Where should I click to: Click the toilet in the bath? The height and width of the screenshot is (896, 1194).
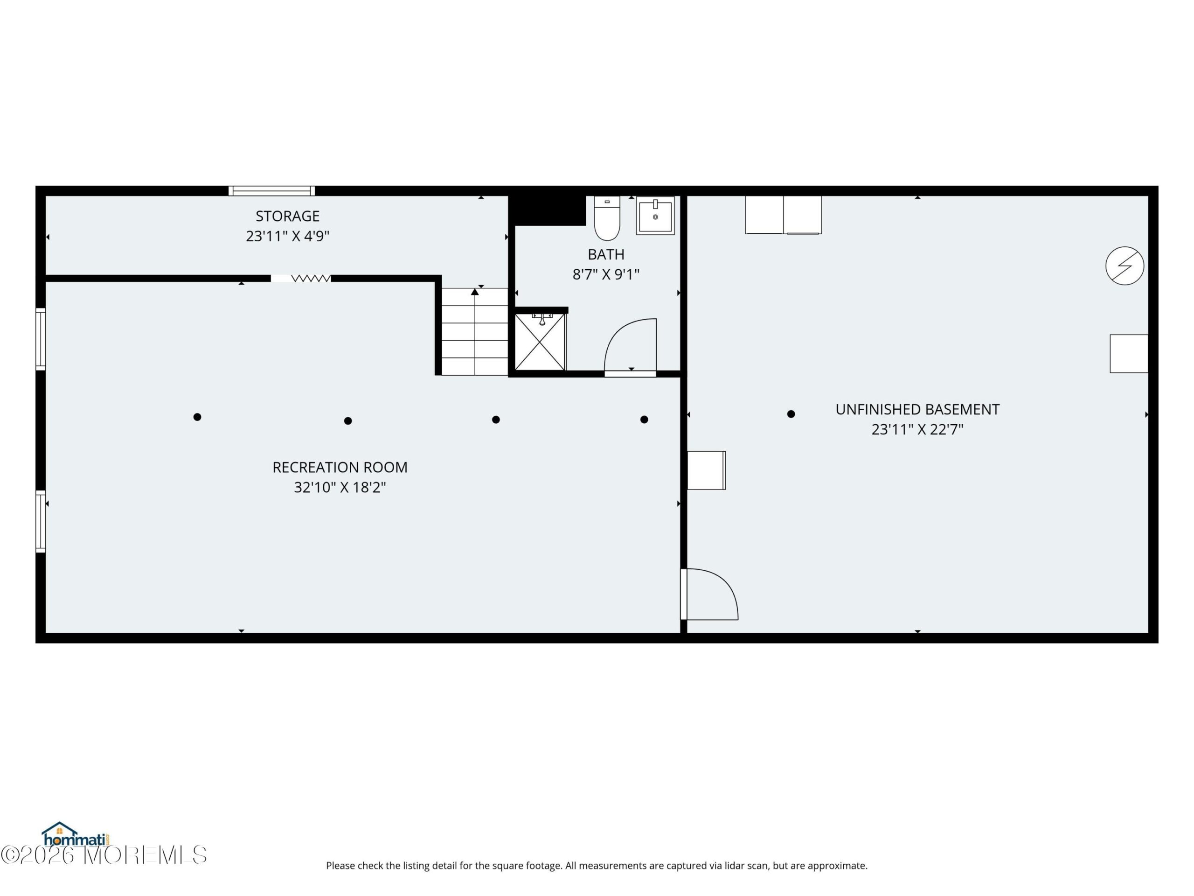(x=607, y=218)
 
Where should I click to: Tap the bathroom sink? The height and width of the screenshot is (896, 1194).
(x=655, y=216)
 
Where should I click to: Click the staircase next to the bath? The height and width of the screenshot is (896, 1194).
(x=474, y=332)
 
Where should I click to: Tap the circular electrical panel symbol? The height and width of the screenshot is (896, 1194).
(x=1125, y=266)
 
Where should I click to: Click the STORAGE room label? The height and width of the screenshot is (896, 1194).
(x=288, y=216)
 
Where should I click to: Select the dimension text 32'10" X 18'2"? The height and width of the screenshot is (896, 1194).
(x=340, y=487)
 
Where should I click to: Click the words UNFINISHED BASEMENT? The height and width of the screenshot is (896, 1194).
(x=917, y=409)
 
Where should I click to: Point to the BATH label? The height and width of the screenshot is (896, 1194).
(x=606, y=254)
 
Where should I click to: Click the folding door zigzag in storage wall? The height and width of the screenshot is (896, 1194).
(x=311, y=278)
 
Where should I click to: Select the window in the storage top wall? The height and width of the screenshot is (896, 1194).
(x=271, y=191)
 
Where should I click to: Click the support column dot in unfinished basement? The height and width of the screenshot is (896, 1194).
(x=791, y=414)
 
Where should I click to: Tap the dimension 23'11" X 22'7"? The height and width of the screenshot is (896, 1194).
(x=917, y=429)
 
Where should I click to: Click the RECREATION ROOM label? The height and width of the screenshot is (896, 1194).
(x=340, y=467)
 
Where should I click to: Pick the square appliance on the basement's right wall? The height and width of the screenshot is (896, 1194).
(x=1129, y=354)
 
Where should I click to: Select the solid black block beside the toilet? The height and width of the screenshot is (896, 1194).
(x=548, y=210)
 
